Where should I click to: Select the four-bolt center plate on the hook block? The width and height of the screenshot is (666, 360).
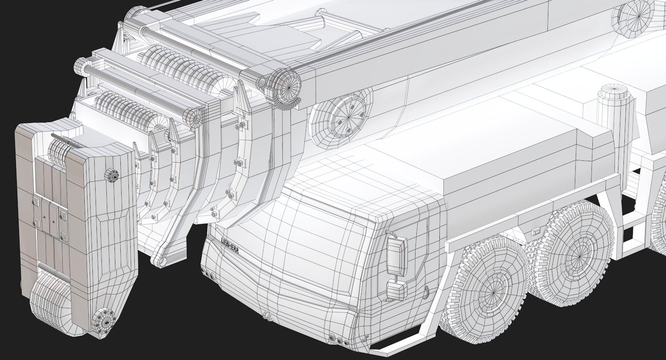click(x=49, y=216)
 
